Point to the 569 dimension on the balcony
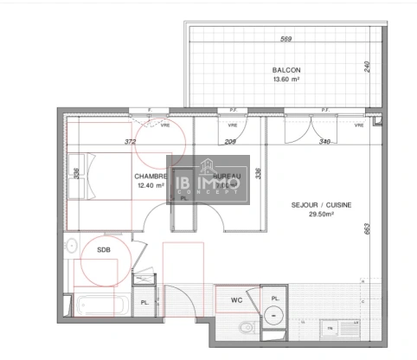285,39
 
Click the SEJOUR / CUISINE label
313,205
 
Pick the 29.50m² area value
313,217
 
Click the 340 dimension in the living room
324,140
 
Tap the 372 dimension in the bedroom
131,140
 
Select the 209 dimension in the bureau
230,140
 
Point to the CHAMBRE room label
150,176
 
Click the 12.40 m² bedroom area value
150,185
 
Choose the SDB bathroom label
103,250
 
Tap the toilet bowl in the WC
246,327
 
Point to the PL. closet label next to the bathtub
146,302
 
